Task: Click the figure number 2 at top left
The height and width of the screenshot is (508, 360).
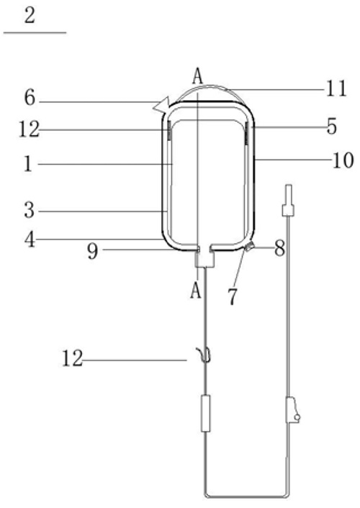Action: (30, 16)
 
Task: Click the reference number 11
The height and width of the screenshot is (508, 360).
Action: (336, 89)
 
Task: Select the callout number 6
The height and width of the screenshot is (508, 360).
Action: (30, 98)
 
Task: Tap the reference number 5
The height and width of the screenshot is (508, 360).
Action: (331, 127)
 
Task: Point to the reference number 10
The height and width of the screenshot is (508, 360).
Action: (343, 160)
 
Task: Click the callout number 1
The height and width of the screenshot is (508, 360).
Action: (28, 163)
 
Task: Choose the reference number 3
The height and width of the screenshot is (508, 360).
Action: (30, 210)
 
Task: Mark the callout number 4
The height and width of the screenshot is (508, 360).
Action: (30, 240)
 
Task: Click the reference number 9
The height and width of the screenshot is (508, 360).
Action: (92, 251)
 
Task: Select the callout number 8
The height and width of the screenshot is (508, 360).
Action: (279, 249)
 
